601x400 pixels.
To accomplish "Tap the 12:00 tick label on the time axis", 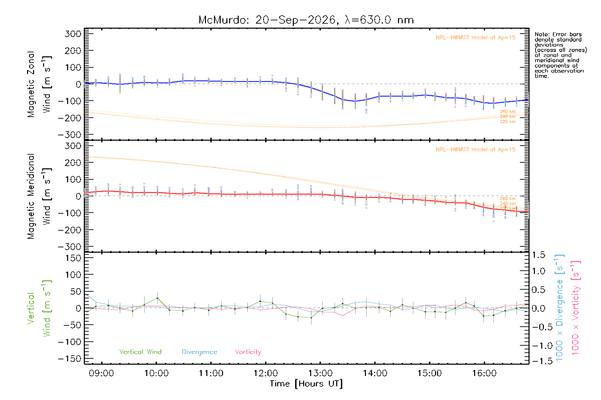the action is point(265,373).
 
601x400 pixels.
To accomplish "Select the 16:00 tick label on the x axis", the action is point(484,373).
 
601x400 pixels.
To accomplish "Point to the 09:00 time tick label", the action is point(102,373).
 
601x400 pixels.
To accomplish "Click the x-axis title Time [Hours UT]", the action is point(306,384).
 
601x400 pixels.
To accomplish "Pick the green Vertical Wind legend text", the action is point(141,352).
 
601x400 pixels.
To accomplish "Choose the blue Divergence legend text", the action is point(199,352).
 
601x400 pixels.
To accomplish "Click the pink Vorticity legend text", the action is point(248,352).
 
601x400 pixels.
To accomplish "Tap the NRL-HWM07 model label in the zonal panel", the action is point(475,38).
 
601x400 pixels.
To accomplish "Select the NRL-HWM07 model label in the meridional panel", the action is point(475,150).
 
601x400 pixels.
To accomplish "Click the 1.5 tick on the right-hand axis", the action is point(538,255).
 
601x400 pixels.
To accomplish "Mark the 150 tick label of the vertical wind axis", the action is point(73,258).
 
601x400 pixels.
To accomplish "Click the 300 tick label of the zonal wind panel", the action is point(73,34).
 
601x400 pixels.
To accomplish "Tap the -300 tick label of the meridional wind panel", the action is point(70,247).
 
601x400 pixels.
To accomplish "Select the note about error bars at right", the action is point(561,55).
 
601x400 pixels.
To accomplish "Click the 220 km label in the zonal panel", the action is point(508,122).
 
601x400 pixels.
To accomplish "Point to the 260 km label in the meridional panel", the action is point(508,199).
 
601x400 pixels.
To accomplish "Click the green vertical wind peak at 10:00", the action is point(157,298).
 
